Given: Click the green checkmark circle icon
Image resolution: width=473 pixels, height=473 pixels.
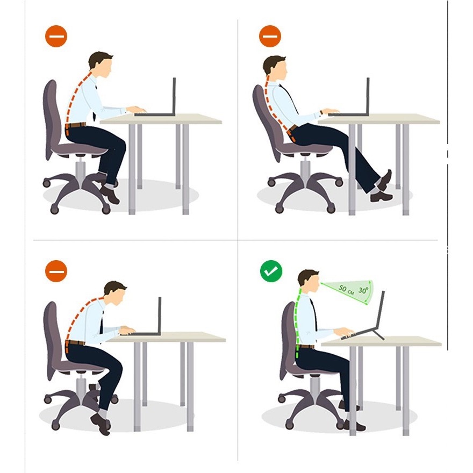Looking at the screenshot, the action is click(271, 271).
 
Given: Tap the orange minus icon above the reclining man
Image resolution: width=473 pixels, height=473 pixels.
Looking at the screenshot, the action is click(270, 36).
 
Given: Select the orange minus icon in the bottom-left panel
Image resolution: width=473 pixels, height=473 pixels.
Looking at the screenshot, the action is click(56, 271).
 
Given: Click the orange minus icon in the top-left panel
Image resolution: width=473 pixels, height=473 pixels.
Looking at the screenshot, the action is click(56, 36).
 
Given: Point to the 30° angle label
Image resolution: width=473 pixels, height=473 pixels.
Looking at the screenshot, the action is click(363, 290).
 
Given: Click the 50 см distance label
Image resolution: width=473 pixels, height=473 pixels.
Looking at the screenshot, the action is click(346, 289).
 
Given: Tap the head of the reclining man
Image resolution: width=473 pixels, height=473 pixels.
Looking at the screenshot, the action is click(275, 67).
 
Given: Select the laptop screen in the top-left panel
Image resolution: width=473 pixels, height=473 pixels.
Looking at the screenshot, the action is click(174, 96).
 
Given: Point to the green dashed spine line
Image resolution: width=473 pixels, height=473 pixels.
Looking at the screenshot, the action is click(298, 323).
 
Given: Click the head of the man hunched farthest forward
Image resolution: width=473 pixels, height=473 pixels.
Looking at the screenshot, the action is click(115, 292).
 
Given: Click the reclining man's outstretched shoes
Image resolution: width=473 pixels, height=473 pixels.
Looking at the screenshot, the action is click(382, 188).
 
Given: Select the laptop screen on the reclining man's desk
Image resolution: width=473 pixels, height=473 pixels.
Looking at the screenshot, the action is click(368, 96).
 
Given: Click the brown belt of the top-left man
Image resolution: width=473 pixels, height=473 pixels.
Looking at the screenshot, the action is click(75, 125).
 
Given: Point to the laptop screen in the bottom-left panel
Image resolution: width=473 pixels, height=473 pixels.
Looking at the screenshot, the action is click(160, 315).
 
